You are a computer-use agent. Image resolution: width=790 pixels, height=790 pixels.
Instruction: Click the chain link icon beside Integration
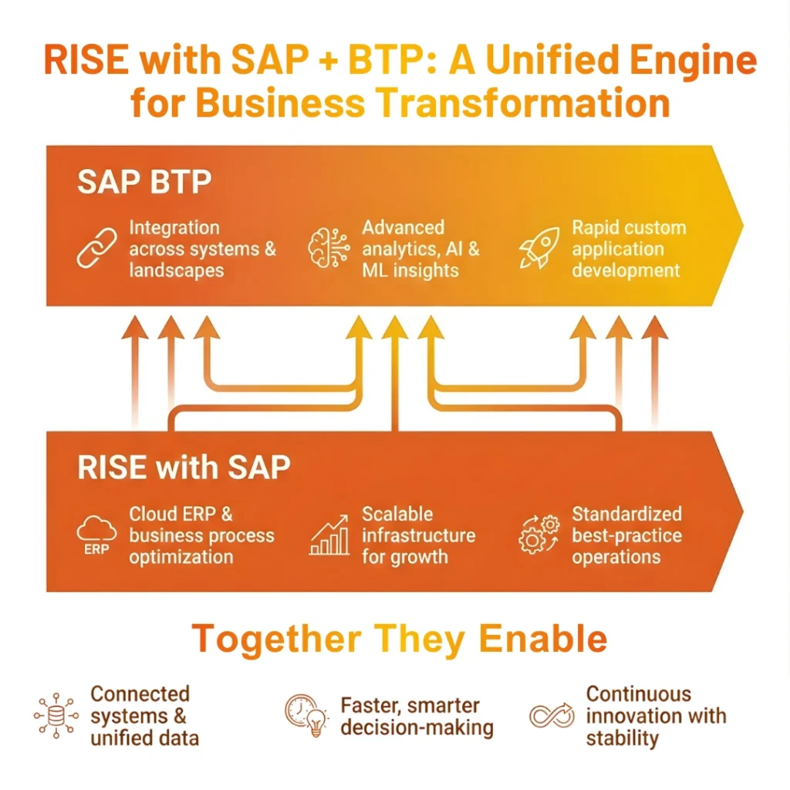tap(97, 248)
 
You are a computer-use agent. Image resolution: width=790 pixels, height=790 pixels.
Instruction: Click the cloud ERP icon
tap(97, 535)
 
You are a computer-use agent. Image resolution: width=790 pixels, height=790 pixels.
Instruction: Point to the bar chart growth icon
tap(329, 535)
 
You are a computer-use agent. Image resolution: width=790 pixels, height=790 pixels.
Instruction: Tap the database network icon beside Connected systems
tap(56, 716)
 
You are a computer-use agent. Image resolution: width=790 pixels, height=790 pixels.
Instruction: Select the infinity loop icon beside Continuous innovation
tap(552, 716)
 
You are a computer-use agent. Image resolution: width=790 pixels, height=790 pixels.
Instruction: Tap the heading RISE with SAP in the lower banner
tap(184, 468)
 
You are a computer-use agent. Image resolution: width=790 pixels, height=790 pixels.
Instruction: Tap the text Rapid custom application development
tap(628, 249)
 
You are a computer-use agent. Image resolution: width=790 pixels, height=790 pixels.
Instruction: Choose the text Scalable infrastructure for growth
tap(418, 535)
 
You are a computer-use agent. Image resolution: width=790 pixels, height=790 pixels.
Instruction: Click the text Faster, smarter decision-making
tap(416, 717)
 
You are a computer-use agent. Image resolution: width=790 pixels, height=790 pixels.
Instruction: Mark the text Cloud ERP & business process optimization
tap(201, 535)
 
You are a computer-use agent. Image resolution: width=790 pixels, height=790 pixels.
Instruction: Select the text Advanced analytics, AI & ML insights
tap(420, 249)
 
